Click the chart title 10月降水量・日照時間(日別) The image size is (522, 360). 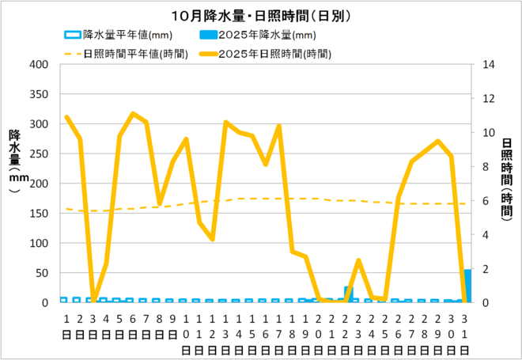pos(261,15)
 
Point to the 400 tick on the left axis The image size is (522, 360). pos(39,65)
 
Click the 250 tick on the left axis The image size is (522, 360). pos(39,154)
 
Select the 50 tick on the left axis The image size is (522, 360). pos(42,273)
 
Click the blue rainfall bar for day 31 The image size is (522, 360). pos(467,286)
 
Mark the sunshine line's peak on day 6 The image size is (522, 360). pos(133,114)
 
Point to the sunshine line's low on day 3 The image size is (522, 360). pos(93,301)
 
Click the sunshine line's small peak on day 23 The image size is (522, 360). pos(359,260)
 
